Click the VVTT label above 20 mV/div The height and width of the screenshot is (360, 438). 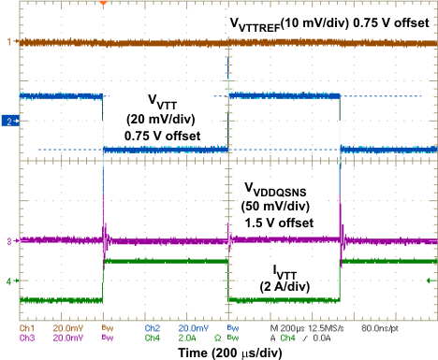164,100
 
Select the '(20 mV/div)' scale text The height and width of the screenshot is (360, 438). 164,119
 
